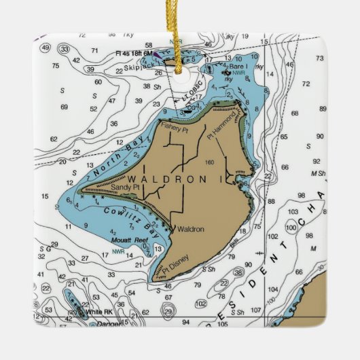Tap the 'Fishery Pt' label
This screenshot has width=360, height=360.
(x=174, y=126)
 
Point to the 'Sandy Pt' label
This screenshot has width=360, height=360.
(x=126, y=187)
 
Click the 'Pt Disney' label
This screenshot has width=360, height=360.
(x=175, y=265)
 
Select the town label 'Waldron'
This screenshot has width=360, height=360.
(x=190, y=230)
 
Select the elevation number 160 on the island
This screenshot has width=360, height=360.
(x=209, y=162)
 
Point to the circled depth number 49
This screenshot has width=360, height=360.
(x=45, y=47)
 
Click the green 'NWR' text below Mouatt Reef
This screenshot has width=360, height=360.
(x=118, y=251)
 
